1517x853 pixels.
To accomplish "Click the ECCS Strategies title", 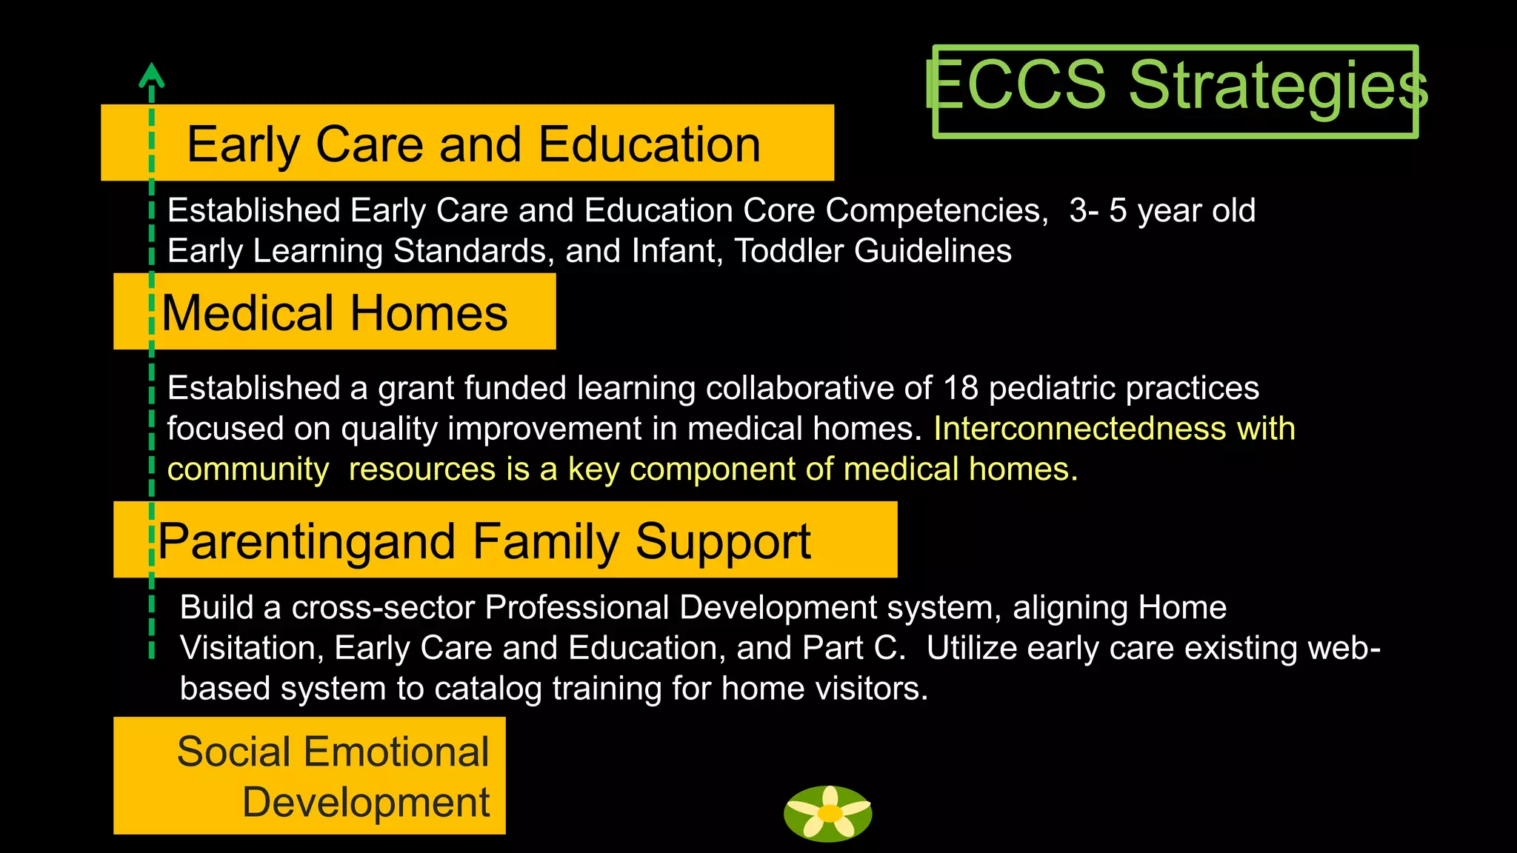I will tap(1176, 87).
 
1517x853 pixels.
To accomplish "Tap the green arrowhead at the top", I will tap(151, 75).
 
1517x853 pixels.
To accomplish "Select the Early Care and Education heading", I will tap(473, 144).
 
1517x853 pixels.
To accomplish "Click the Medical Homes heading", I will tap(335, 312).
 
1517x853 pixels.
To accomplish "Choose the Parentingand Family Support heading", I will tap(484, 541).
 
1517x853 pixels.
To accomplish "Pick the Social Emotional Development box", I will tap(310, 775).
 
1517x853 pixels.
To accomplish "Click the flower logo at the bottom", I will tap(828, 813).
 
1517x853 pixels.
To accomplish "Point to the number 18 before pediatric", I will tap(960, 388).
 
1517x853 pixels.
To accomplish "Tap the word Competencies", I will tap(936, 210).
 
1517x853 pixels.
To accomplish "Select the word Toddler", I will tap(788, 251).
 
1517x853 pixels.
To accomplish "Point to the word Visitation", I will tap(247, 648).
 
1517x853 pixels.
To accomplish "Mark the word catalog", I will tap(488, 689).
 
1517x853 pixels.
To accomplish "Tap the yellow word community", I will tap(248, 469).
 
